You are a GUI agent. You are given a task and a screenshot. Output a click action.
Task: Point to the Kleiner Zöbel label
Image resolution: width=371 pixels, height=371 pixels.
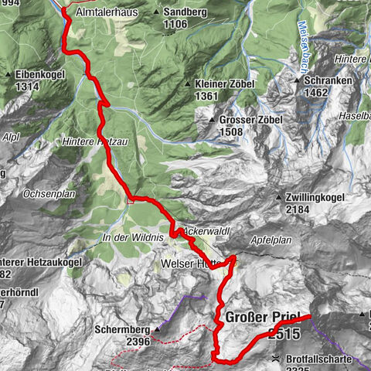(x=220, y=83)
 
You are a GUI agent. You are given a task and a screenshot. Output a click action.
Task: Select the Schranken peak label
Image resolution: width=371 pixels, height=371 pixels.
(x=325, y=80)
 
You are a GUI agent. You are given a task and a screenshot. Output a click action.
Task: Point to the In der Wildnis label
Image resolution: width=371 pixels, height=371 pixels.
(x=132, y=238)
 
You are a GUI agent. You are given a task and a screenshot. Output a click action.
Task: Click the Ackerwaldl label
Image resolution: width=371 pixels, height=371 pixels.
(x=208, y=231)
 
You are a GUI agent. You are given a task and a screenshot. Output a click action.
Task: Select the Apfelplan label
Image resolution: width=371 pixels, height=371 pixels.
(x=271, y=240)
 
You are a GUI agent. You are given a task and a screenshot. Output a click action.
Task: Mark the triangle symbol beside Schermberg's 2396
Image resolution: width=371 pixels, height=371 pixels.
(x=156, y=328)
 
